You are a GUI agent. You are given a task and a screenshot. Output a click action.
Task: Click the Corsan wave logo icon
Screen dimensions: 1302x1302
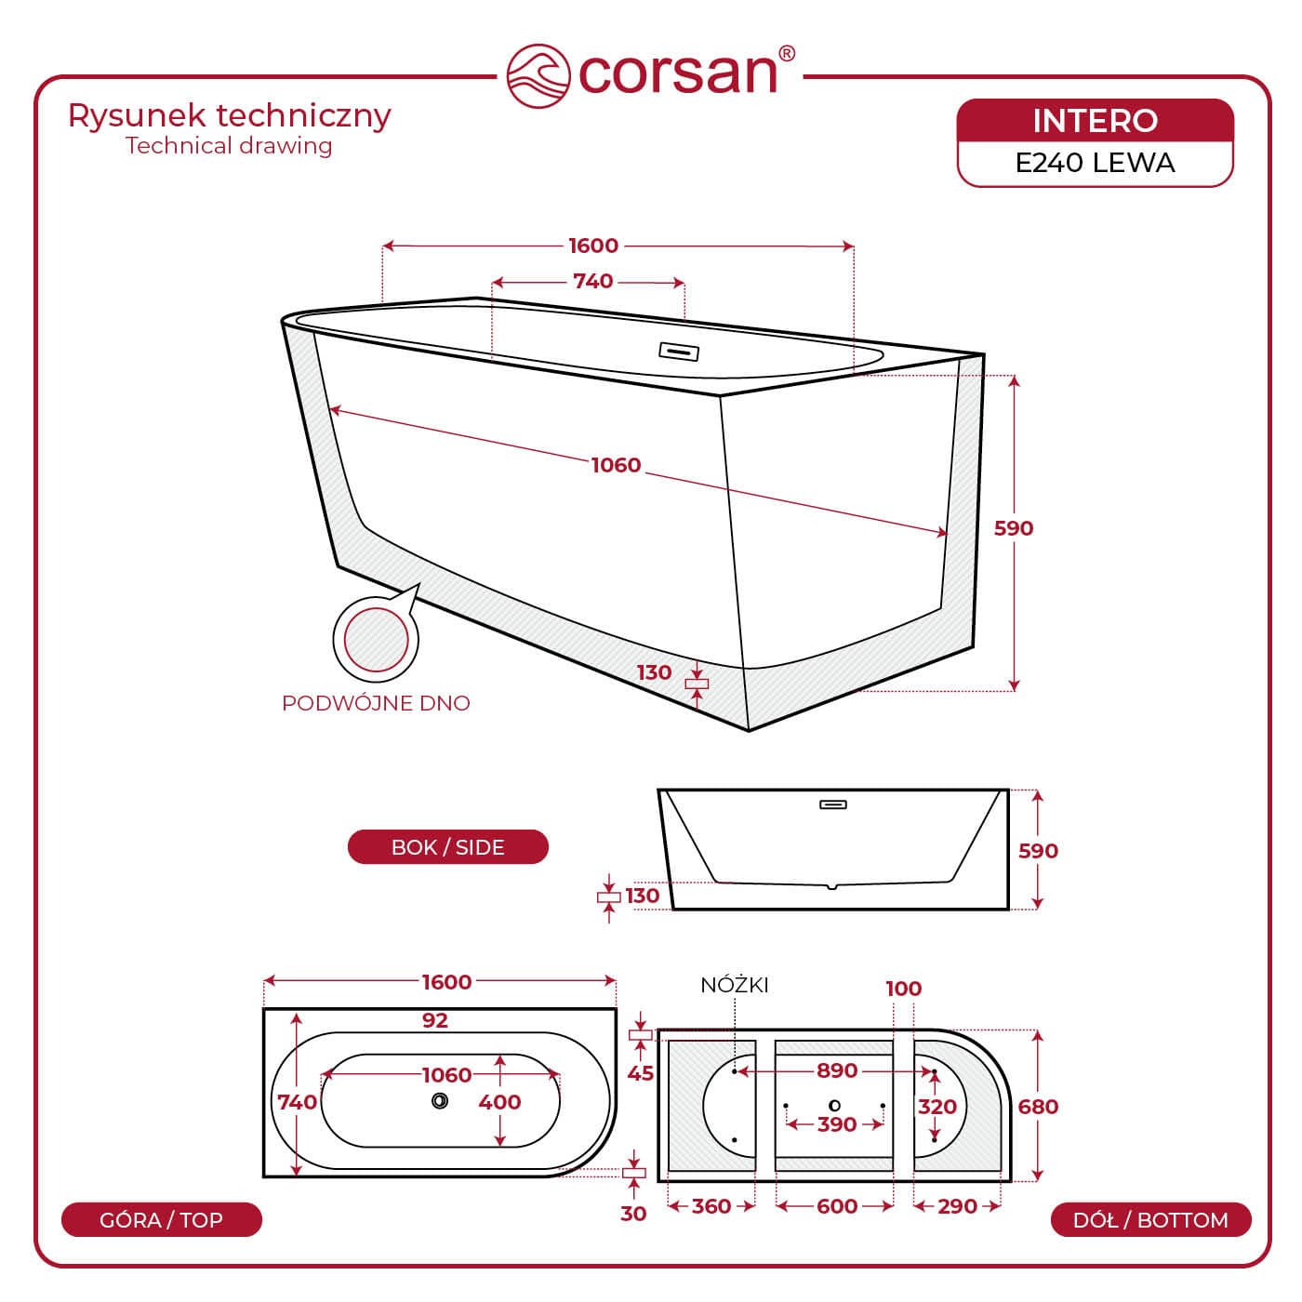tap(538, 75)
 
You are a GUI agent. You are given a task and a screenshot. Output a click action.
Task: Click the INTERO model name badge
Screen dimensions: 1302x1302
tap(1095, 121)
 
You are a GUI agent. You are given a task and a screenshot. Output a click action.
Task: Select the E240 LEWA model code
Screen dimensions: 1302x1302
tap(1095, 163)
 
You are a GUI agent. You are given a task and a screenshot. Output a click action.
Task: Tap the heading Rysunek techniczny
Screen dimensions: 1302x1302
tap(230, 116)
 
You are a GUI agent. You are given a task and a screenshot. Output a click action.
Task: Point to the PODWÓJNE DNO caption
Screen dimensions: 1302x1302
tap(376, 703)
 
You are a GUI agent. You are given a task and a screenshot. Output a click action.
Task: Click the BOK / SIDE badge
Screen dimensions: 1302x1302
tap(448, 847)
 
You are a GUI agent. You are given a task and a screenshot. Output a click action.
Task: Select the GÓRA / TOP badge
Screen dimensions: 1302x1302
tap(162, 1219)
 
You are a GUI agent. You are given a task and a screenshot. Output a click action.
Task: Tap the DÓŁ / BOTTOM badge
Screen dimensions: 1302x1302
tap(1150, 1219)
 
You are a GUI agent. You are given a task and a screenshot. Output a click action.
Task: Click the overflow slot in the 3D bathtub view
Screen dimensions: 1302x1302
tap(678, 352)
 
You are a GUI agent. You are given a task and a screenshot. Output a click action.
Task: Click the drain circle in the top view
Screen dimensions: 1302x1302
tap(440, 1101)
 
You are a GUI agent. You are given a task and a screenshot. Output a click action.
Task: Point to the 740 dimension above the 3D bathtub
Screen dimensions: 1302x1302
tap(593, 281)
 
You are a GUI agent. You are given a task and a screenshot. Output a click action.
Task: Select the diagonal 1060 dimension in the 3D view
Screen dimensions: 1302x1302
tap(617, 466)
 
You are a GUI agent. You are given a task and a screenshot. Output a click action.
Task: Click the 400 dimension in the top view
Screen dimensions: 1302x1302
tap(499, 1102)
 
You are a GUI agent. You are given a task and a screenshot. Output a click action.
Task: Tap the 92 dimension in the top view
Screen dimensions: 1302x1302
tap(434, 1020)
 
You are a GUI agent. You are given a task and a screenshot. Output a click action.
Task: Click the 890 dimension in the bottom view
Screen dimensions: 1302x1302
tap(836, 1070)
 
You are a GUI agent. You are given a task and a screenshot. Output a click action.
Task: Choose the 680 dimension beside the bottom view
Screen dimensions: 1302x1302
tap(1038, 1107)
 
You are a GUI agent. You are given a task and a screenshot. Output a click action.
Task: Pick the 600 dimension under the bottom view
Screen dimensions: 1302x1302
tap(836, 1206)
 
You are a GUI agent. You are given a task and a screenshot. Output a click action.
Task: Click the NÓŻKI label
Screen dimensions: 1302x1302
tap(735, 986)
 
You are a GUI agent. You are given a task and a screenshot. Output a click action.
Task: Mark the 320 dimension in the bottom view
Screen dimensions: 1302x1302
tap(937, 1107)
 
